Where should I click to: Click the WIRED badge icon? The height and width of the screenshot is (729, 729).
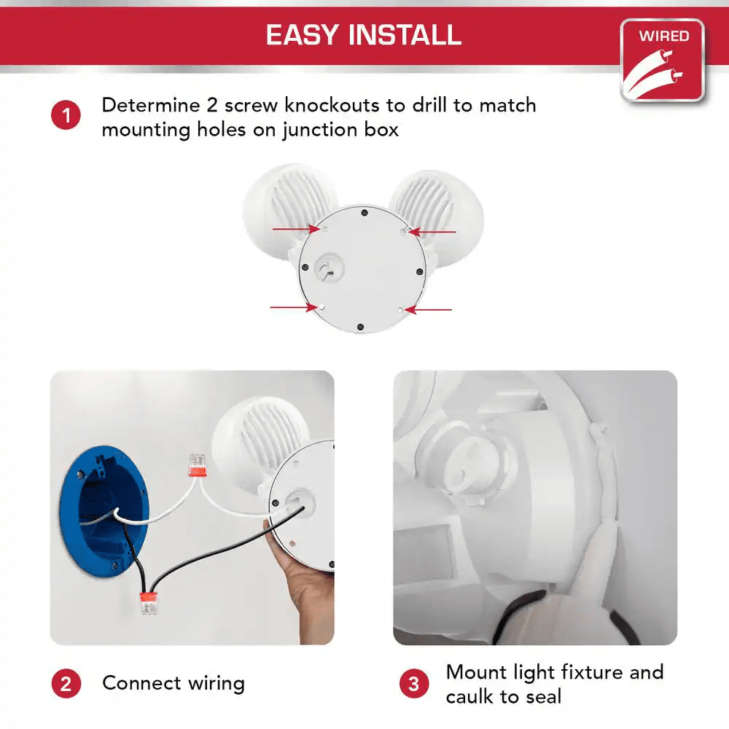point(662,60)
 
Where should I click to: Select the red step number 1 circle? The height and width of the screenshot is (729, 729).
point(66,116)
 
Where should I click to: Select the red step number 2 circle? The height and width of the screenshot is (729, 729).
point(66,684)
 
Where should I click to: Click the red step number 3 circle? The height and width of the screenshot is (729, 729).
point(414,684)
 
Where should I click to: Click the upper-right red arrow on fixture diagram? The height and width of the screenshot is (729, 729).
point(434,233)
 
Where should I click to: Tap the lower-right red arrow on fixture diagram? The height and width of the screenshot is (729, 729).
point(430,310)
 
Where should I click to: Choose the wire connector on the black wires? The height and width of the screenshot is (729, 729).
point(149,603)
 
